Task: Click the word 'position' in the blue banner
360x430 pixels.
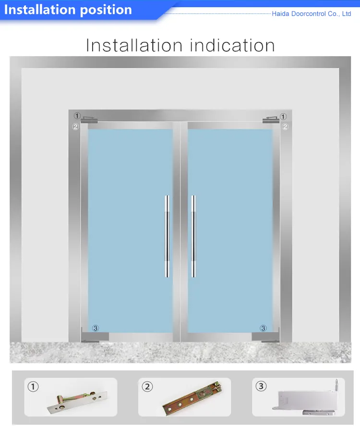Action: pyautogui.click(x=105, y=10)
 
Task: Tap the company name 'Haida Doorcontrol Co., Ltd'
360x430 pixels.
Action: pyautogui.click(x=312, y=14)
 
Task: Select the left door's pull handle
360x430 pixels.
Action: pyautogui.click(x=167, y=236)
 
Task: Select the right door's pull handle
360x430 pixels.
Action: pyautogui.click(x=193, y=236)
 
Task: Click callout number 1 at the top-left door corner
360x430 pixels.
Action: pyautogui.click(x=77, y=116)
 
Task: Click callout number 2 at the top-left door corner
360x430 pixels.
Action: pyautogui.click(x=75, y=127)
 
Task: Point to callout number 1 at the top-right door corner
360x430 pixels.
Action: pyautogui.click(x=283, y=116)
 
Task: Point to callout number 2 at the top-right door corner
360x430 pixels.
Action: pyautogui.click(x=285, y=127)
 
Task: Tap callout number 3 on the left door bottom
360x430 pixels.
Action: pyautogui.click(x=96, y=328)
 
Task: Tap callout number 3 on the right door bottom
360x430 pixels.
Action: pyautogui.click(x=263, y=328)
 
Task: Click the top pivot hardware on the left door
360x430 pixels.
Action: pyautogui.click(x=89, y=119)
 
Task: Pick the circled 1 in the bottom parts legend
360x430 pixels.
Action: pyautogui.click(x=33, y=386)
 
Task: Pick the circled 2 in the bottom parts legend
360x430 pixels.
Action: pyautogui.click(x=147, y=386)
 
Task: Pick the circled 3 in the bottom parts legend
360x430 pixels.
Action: pyautogui.click(x=261, y=386)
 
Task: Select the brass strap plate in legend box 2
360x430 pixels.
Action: pyautogui.click(x=192, y=396)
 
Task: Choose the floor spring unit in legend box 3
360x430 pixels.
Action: pyautogui.click(x=307, y=398)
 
